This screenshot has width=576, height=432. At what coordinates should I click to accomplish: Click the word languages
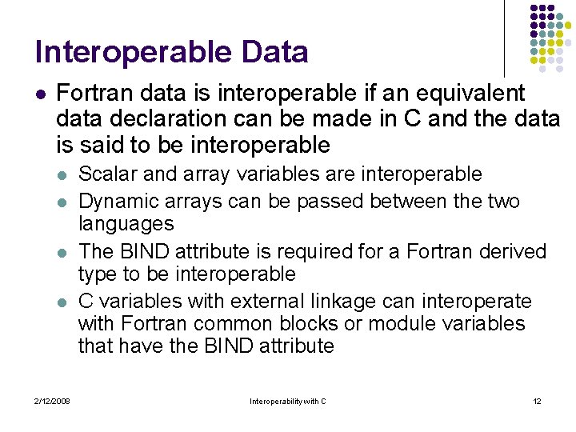pyautogui.click(x=126, y=223)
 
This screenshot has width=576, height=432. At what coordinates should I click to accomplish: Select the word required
pyautogui.click(x=309, y=251)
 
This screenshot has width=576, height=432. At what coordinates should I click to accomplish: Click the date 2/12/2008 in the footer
pyautogui.click(x=52, y=401)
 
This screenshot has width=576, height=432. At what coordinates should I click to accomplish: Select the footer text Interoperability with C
pyautogui.click(x=288, y=401)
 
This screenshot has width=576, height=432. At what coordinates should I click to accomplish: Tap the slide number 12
pyautogui.click(x=537, y=401)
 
